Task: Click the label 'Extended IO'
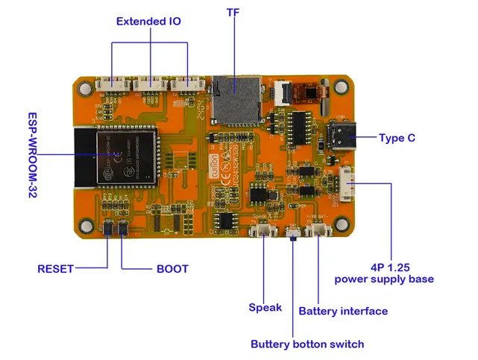point(148,22)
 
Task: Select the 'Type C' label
point(397,138)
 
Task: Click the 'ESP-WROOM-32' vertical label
point(33,155)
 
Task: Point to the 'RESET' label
point(56,268)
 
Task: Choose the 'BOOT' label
point(172,268)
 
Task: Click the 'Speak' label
point(265,307)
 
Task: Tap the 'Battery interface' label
point(343,311)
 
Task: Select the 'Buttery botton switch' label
point(307,344)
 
